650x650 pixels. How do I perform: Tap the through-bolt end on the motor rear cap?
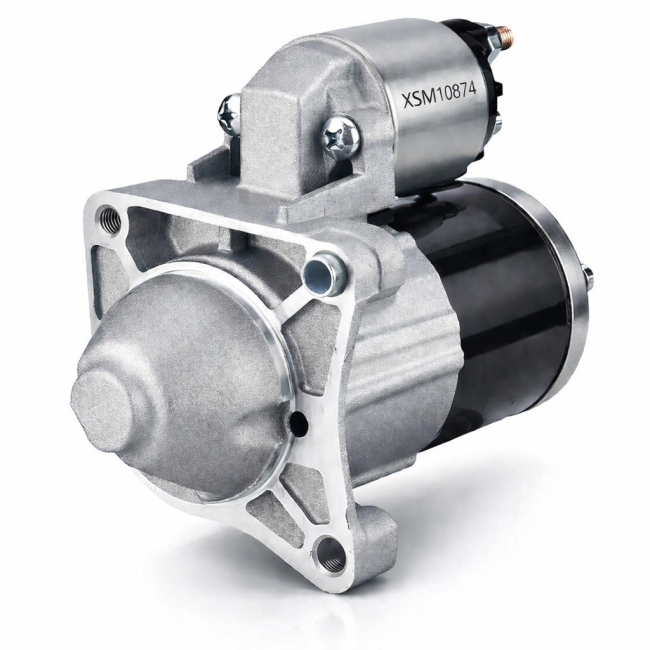coord(588,279)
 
